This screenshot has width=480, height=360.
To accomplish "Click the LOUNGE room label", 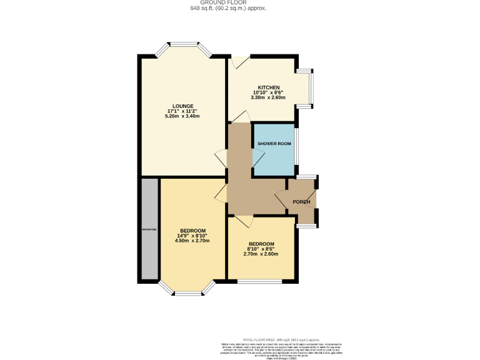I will (x=183, y=106).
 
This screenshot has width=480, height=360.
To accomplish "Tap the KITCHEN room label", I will (x=268, y=87).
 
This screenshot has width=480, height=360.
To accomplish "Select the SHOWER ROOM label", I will (x=274, y=143).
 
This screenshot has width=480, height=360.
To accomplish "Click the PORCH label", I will (x=302, y=202).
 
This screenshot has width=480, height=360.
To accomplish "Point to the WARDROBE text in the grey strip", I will (x=150, y=230).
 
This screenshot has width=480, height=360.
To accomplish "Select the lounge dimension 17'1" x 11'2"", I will (x=183, y=111).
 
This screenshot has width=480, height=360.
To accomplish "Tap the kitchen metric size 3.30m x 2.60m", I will (x=268, y=97).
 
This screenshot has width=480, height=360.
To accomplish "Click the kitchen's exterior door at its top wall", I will (x=239, y=62).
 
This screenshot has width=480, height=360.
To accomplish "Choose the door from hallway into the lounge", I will (x=220, y=158).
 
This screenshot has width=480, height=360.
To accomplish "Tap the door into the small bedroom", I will (x=244, y=221).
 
